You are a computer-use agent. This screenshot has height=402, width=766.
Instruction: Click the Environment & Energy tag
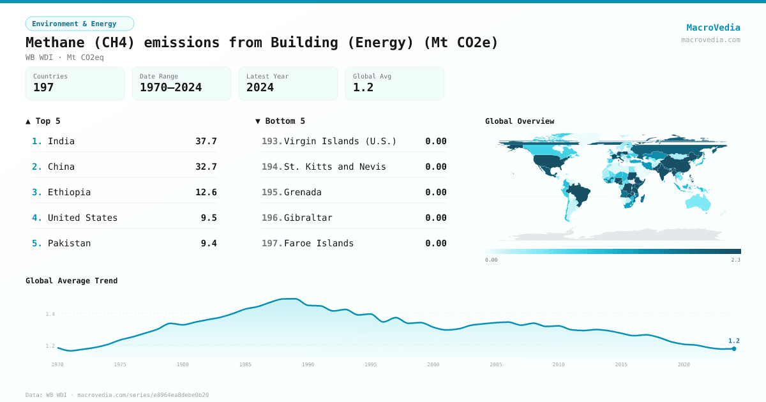(80, 24)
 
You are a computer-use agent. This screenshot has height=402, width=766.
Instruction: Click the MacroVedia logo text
(713, 27)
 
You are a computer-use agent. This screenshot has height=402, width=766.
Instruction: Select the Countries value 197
(43, 87)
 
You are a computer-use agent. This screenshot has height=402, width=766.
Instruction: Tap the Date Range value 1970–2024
(170, 87)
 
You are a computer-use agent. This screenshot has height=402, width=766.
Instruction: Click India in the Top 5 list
(61, 141)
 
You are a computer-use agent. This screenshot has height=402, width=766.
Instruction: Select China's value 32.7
(206, 167)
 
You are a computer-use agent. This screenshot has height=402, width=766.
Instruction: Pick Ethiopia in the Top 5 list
(69, 192)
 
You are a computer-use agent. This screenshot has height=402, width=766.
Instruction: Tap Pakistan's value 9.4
(208, 243)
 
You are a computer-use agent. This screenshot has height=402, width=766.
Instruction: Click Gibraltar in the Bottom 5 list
(308, 218)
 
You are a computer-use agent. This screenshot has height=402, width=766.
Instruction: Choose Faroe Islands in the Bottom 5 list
(319, 243)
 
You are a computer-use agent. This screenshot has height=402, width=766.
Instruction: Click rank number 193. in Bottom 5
(271, 141)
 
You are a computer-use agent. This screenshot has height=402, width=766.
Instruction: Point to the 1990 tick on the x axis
(308, 364)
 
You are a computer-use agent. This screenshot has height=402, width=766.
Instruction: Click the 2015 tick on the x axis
(621, 364)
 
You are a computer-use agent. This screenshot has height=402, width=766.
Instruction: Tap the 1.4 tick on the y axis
(50, 314)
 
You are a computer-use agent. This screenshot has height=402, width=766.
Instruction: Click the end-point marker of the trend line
(734, 348)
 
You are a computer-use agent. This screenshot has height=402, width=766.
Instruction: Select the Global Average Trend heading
(71, 281)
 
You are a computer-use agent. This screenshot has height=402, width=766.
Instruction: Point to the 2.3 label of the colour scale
(735, 260)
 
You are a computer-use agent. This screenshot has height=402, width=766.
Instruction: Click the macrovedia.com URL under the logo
(710, 40)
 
